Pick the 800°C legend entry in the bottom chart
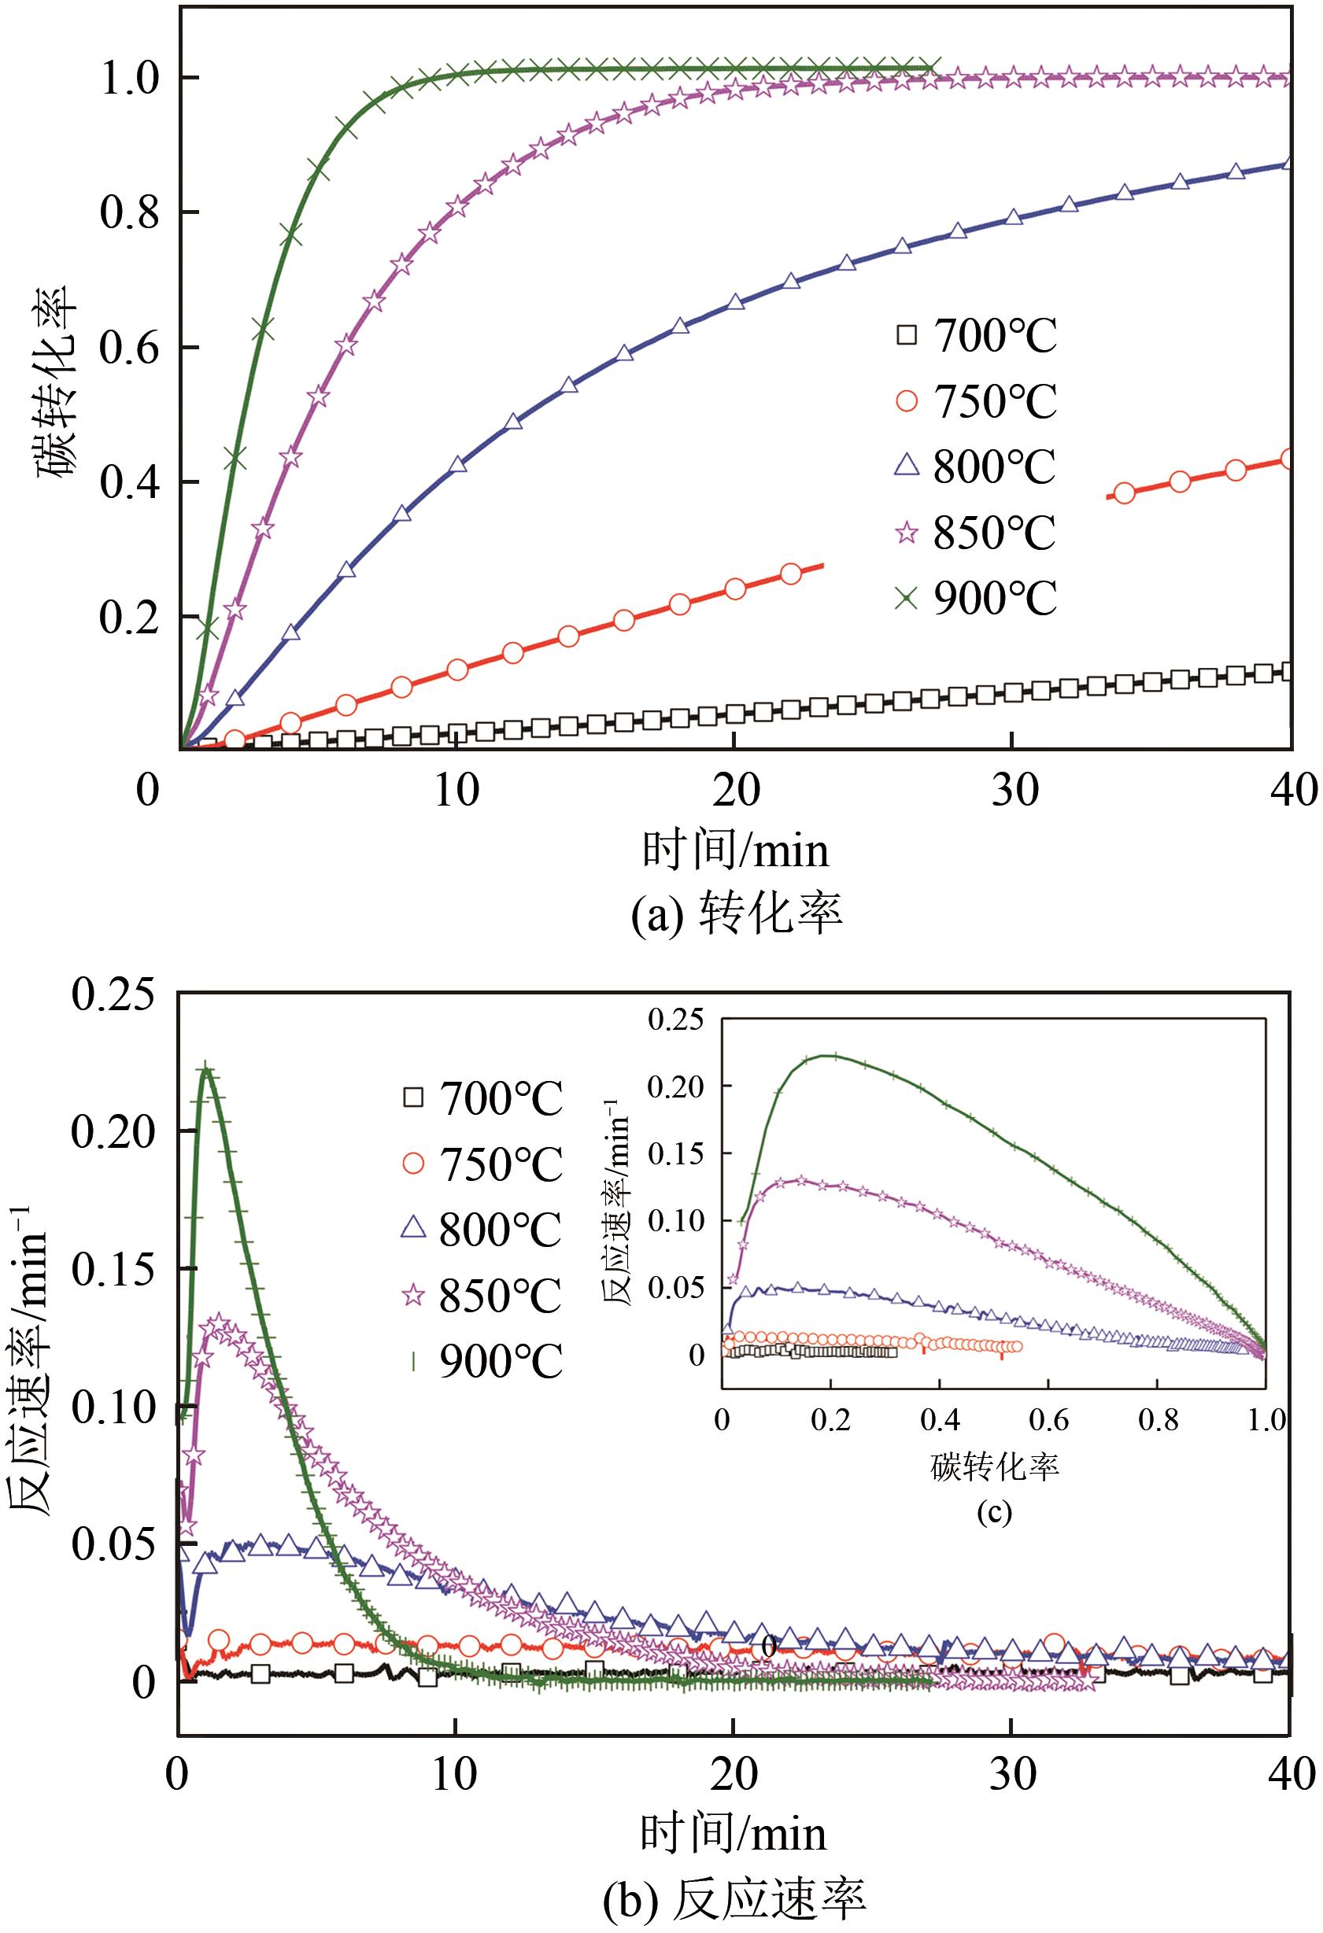click(x=481, y=1230)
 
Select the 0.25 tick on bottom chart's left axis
click(x=113, y=994)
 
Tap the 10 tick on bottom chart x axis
click(x=454, y=1775)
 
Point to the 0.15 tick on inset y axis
click(x=674, y=1153)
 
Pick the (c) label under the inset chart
click(x=993, y=1511)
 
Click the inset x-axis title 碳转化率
click(x=993, y=1467)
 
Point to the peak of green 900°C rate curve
click(x=205, y=1070)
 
